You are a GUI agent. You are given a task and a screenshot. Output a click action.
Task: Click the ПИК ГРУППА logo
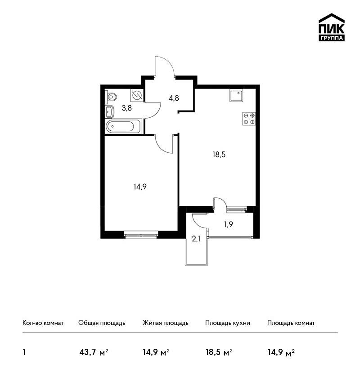pyautogui.click(x=332, y=27)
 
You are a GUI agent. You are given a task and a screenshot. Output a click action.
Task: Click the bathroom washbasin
pyautogui.click(x=110, y=112)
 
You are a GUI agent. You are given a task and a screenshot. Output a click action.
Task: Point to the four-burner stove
pyautogui.click(x=249, y=119)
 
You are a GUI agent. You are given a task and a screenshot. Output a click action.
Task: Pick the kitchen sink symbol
pyautogui.click(x=236, y=95)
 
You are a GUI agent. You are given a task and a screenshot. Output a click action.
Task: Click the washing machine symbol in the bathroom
pyautogui.click(x=137, y=95)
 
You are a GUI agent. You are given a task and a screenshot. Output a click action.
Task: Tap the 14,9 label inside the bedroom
pyautogui.click(x=140, y=187)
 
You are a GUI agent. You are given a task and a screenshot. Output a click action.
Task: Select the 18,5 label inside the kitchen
pyautogui.click(x=219, y=155)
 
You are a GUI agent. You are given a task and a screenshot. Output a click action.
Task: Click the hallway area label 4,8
pyautogui.click(x=174, y=98)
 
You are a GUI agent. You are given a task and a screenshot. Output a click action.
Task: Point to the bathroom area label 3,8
pyautogui.click(x=126, y=108)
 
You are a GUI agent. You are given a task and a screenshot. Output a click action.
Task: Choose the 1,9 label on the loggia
pyautogui.click(x=228, y=224)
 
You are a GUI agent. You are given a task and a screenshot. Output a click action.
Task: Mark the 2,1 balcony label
pyautogui.click(x=196, y=239)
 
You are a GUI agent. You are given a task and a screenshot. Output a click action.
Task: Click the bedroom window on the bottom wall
pyautogui.click(x=141, y=234)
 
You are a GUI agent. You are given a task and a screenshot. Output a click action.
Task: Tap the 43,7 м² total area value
pyautogui.click(x=94, y=352)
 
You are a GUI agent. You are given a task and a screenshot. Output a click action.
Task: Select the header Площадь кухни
pyautogui.click(x=228, y=323)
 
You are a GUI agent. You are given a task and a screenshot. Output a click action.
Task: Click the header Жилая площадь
pyautogui.click(x=165, y=323)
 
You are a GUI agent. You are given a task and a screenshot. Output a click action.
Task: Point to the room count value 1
pyautogui.click(x=24, y=352)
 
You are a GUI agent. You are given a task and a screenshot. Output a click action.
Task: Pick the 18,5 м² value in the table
pyautogui.click(x=219, y=352)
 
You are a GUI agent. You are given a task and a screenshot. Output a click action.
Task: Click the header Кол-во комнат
pyautogui.click(x=43, y=323)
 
